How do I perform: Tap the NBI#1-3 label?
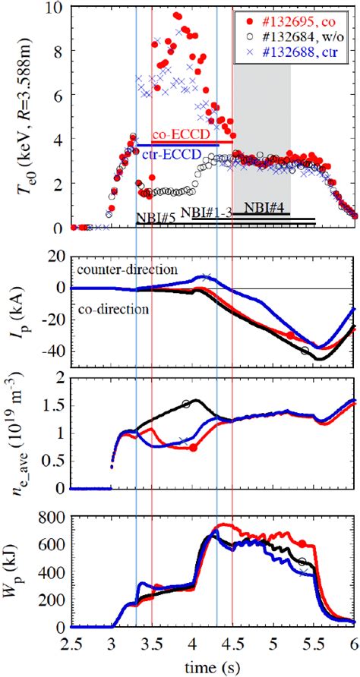pos(206,213)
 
